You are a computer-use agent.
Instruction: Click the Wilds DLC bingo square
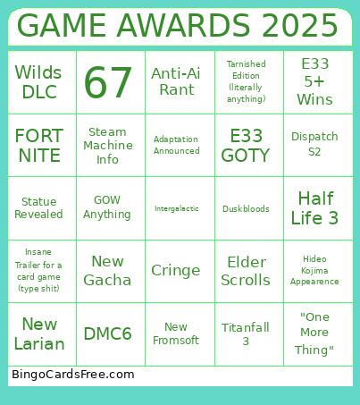39,82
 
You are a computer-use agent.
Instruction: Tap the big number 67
108,83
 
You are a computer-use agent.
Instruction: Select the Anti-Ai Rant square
176,82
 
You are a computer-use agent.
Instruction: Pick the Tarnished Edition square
246,82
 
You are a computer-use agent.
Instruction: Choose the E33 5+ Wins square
315,82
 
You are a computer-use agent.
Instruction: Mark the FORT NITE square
39,146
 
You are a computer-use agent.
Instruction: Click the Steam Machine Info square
108,146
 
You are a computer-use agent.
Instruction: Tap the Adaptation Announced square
176,146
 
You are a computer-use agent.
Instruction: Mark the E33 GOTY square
246,146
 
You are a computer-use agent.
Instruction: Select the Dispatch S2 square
315,146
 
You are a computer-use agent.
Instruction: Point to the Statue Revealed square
39,208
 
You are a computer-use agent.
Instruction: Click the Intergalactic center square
176,208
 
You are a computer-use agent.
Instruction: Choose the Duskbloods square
246,208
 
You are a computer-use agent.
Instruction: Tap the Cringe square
176,271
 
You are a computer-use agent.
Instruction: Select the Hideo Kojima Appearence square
315,271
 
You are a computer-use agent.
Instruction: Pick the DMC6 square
108,334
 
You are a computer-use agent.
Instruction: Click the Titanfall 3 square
246,334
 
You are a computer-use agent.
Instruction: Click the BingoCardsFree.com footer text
73,375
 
